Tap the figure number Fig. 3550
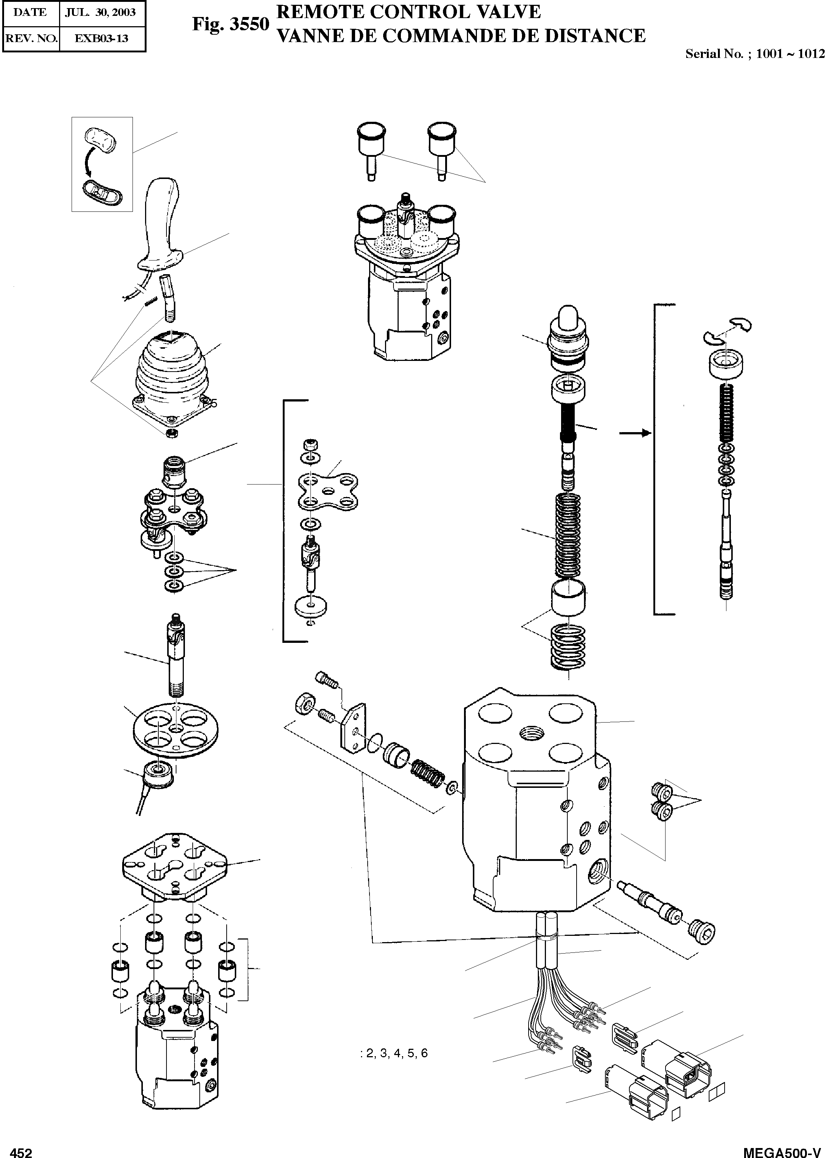[x=230, y=24]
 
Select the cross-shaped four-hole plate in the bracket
[x=328, y=491]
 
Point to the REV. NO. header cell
[x=31, y=38]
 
